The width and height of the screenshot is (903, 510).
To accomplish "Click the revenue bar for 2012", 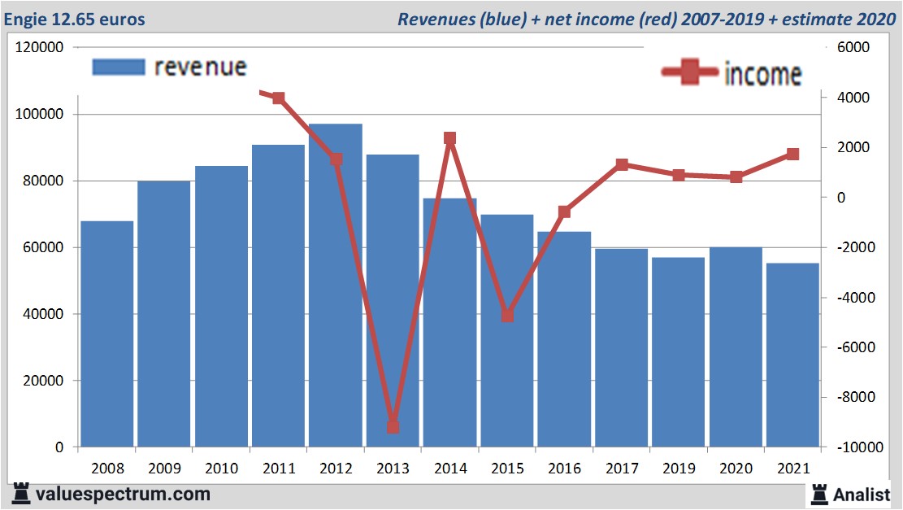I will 335,285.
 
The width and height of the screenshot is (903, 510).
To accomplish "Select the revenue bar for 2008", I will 107,333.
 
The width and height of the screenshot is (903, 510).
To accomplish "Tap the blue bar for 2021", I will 792,355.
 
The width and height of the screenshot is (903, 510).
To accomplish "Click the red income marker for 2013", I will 393,426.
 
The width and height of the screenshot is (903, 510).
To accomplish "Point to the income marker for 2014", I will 450,138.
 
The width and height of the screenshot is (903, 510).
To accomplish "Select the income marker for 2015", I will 507,316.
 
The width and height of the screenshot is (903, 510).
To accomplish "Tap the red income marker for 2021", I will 792,155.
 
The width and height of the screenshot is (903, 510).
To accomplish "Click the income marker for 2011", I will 279,98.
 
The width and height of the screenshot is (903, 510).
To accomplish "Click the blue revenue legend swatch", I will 119,67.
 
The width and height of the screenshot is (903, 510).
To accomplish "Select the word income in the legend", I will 762,74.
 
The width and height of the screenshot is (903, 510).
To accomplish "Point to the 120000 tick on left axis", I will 40,48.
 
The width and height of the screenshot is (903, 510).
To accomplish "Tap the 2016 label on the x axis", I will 564,469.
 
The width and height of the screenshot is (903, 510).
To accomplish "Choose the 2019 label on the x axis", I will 678,469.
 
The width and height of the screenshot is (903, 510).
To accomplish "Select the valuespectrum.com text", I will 124,494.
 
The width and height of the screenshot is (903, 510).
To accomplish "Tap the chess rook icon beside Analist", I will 819,493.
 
